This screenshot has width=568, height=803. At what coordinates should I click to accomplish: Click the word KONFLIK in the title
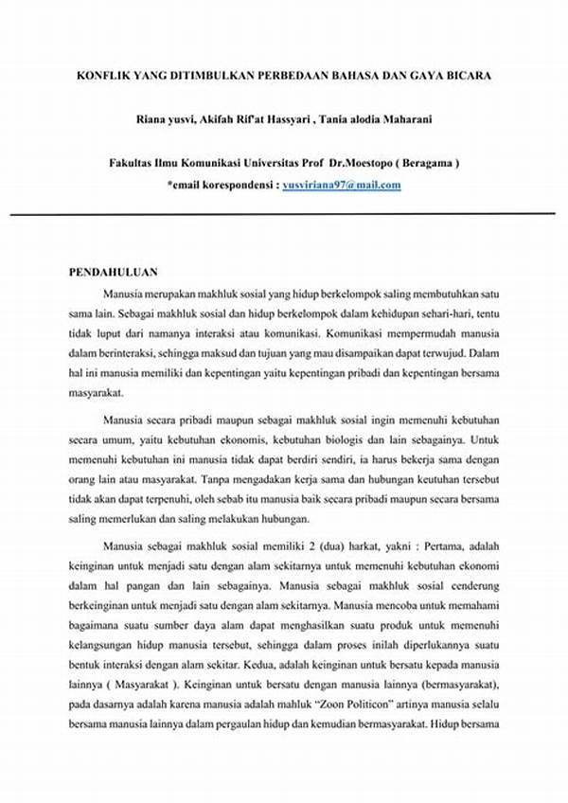[x=100, y=75]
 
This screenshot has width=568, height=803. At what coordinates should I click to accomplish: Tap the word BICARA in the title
[x=466, y=75]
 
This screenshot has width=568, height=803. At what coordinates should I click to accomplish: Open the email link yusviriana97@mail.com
[x=342, y=185]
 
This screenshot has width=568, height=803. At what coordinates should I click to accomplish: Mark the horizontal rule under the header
[x=284, y=214]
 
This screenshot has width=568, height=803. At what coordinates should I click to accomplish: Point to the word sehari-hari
[x=443, y=312]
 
